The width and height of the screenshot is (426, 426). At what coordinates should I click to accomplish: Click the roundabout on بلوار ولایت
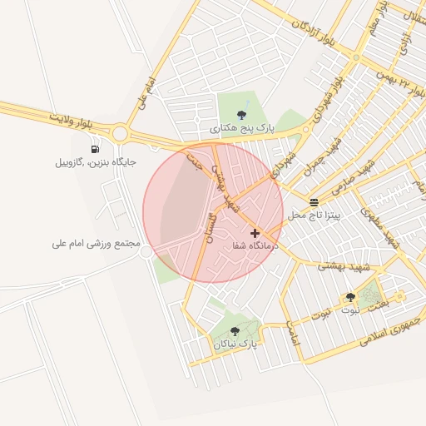click(120, 133)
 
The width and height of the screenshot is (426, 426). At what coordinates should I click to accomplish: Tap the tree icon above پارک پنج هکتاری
click(241, 115)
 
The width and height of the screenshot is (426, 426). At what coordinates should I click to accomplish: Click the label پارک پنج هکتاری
click(241, 128)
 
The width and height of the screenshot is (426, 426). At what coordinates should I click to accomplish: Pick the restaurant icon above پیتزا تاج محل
click(314, 202)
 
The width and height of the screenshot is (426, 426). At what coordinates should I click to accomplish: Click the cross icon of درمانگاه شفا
click(255, 234)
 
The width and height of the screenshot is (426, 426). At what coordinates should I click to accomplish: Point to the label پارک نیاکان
click(236, 344)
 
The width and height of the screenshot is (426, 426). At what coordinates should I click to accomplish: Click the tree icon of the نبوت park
click(350, 296)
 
